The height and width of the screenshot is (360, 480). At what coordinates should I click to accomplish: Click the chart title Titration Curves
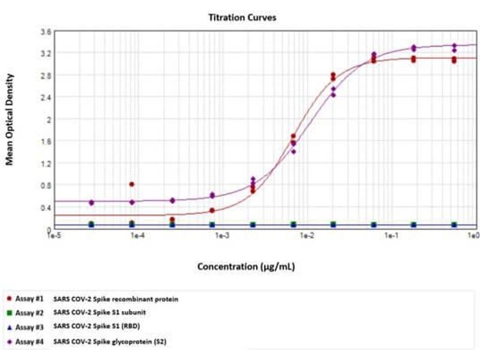pyautogui.click(x=242, y=18)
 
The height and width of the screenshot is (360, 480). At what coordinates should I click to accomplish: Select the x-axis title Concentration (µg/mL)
pyautogui.click(x=246, y=266)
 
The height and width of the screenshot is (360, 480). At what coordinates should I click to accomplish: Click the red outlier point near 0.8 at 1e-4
pyautogui.click(x=132, y=184)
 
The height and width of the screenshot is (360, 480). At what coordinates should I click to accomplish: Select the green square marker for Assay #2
pyautogui.click(x=8, y=312)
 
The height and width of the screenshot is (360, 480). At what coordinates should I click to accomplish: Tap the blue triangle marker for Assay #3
pyautogui.click(x=8, y=326)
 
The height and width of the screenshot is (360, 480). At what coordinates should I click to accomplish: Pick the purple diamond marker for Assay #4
pyautogui.click(x=8, y=342)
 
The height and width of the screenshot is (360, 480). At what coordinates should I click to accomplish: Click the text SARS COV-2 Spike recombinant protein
pyautogui.click(x=116, y=298)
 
